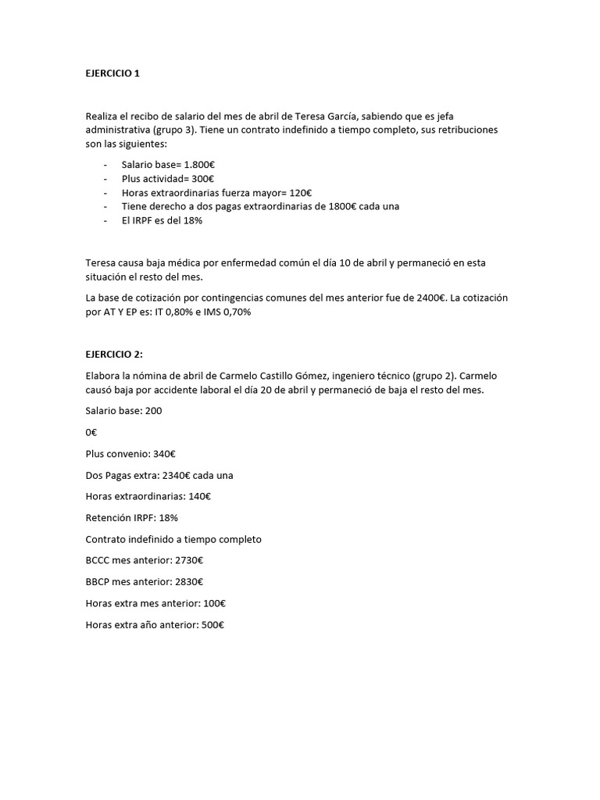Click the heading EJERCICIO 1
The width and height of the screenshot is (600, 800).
pos(112,73)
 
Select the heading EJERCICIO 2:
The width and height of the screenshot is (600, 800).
pos(114,354)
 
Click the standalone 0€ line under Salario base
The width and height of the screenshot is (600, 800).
pos(92,432)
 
